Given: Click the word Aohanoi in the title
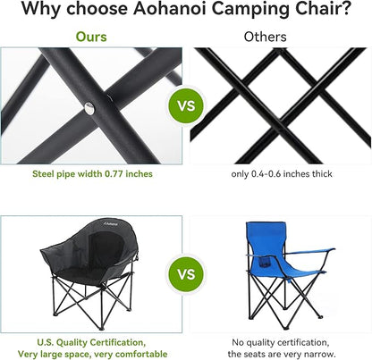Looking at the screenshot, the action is click(169, 9).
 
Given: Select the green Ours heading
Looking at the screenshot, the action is click(91, 37).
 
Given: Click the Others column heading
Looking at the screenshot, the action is click(265, 37).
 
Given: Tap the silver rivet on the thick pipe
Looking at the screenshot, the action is click(89, 108).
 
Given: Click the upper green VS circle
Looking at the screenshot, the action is click(187, 105).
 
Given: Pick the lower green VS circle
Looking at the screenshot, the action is click(187, 274).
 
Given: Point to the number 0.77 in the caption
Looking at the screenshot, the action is click(114, 174).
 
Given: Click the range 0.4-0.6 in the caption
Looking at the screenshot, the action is click(266, 174).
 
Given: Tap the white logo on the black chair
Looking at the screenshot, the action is click(111, 223).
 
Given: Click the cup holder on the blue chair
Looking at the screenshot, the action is click(264, 262).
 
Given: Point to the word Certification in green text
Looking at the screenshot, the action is click(118, 342).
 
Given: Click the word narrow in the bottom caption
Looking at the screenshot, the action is click(321, 355).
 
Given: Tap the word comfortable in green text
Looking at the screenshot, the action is click(141, 355).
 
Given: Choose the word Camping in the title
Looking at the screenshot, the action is click(246, 9).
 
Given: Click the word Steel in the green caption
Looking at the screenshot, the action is click(41, 174).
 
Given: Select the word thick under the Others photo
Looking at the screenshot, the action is click(322, 174).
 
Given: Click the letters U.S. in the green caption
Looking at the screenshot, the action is click(46, 342).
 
